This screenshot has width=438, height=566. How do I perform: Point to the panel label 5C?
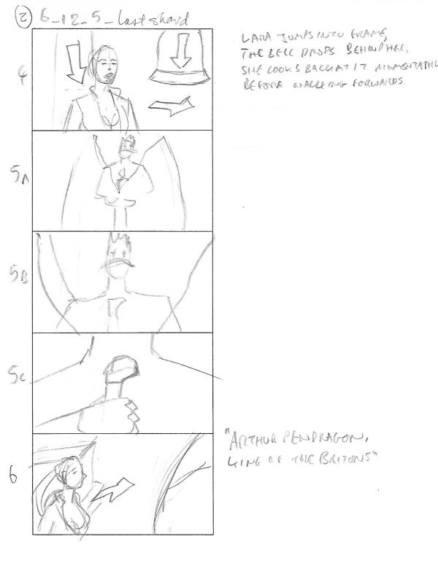coord(22,379)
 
